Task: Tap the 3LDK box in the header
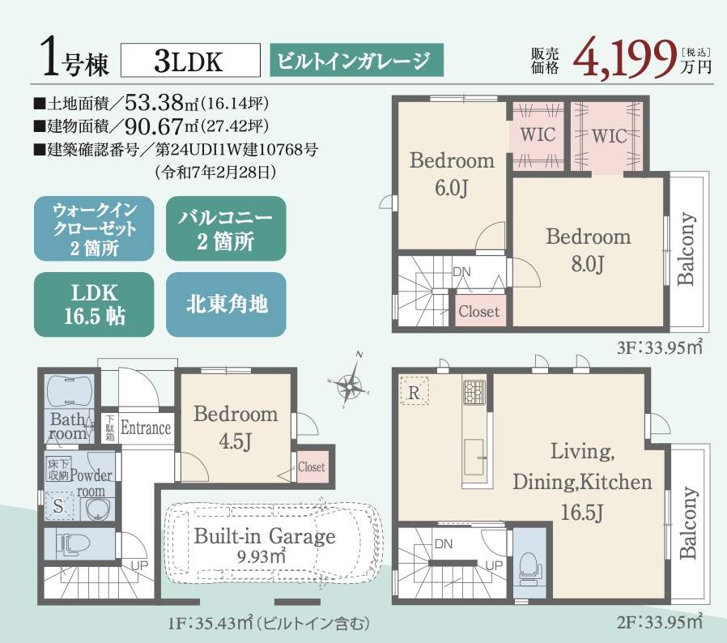(190, 60)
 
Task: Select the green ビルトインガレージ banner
(356, 60)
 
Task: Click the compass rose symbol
(350, 384)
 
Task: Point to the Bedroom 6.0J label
(452, 174)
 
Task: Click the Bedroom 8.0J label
(588, 250)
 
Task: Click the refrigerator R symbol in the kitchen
(414, 392)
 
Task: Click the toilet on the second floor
(529, 567)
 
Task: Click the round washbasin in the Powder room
(98, 510)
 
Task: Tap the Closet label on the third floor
(479, 311)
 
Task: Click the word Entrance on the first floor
(146, 428)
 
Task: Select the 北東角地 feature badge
(226, 304)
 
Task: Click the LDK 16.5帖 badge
(94, 304)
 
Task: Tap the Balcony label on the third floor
(687, 249)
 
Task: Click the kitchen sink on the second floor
(474, 457)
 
